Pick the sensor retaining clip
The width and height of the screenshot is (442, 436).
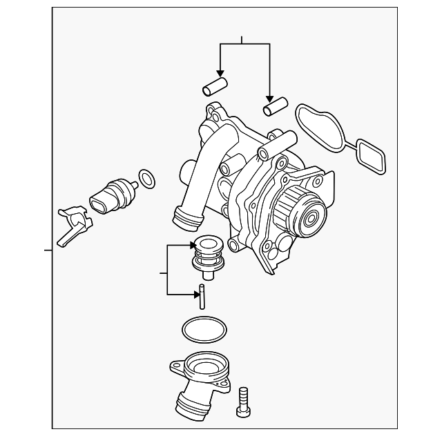72,222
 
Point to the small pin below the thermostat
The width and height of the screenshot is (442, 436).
201,297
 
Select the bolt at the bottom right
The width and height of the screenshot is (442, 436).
242,400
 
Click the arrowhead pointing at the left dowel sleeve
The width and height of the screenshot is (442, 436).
220,72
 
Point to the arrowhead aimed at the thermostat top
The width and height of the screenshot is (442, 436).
192,244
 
